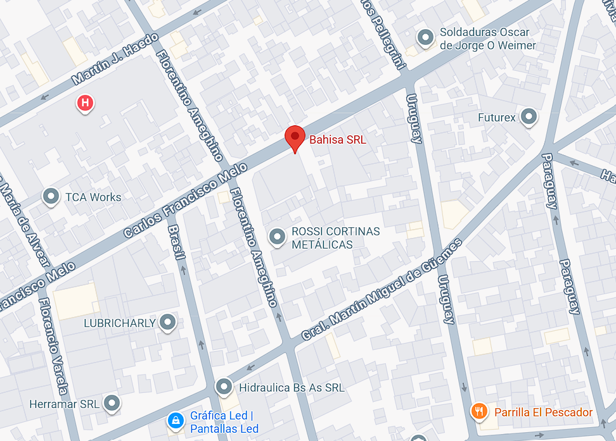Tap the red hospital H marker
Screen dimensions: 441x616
85,102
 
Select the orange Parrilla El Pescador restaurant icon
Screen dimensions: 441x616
479,412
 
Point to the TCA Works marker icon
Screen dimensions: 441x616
51,197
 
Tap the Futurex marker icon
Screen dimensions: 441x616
528,117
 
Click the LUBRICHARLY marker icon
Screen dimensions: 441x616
168,323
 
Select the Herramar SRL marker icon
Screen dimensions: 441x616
112,403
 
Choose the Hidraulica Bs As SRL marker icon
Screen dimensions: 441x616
224,387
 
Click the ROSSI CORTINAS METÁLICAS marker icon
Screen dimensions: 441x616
276,237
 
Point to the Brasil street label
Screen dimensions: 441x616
177,242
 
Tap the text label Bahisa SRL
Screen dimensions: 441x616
337,140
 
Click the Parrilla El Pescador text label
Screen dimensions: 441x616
543,413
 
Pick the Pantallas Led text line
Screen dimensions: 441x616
224,428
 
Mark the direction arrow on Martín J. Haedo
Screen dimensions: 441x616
43,97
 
